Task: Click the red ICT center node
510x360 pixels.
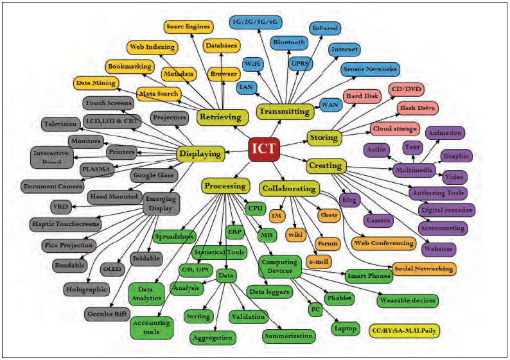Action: [264, 150]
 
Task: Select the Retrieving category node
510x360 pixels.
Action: [220, 117]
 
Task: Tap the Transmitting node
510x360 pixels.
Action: [283, 111]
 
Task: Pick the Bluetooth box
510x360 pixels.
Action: [289, 43]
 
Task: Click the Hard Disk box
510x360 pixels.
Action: [363, 97]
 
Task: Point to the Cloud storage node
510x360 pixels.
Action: [394, 129]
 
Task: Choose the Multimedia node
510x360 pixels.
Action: [414, 169]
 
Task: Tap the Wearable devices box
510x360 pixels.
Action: [407, 300]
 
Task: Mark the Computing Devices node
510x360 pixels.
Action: [280, 266]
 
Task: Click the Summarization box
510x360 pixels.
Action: [288, 336]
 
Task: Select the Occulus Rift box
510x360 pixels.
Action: [107, 314]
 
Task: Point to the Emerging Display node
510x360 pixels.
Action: [160, 203]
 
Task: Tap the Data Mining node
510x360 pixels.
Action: [96, 83]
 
